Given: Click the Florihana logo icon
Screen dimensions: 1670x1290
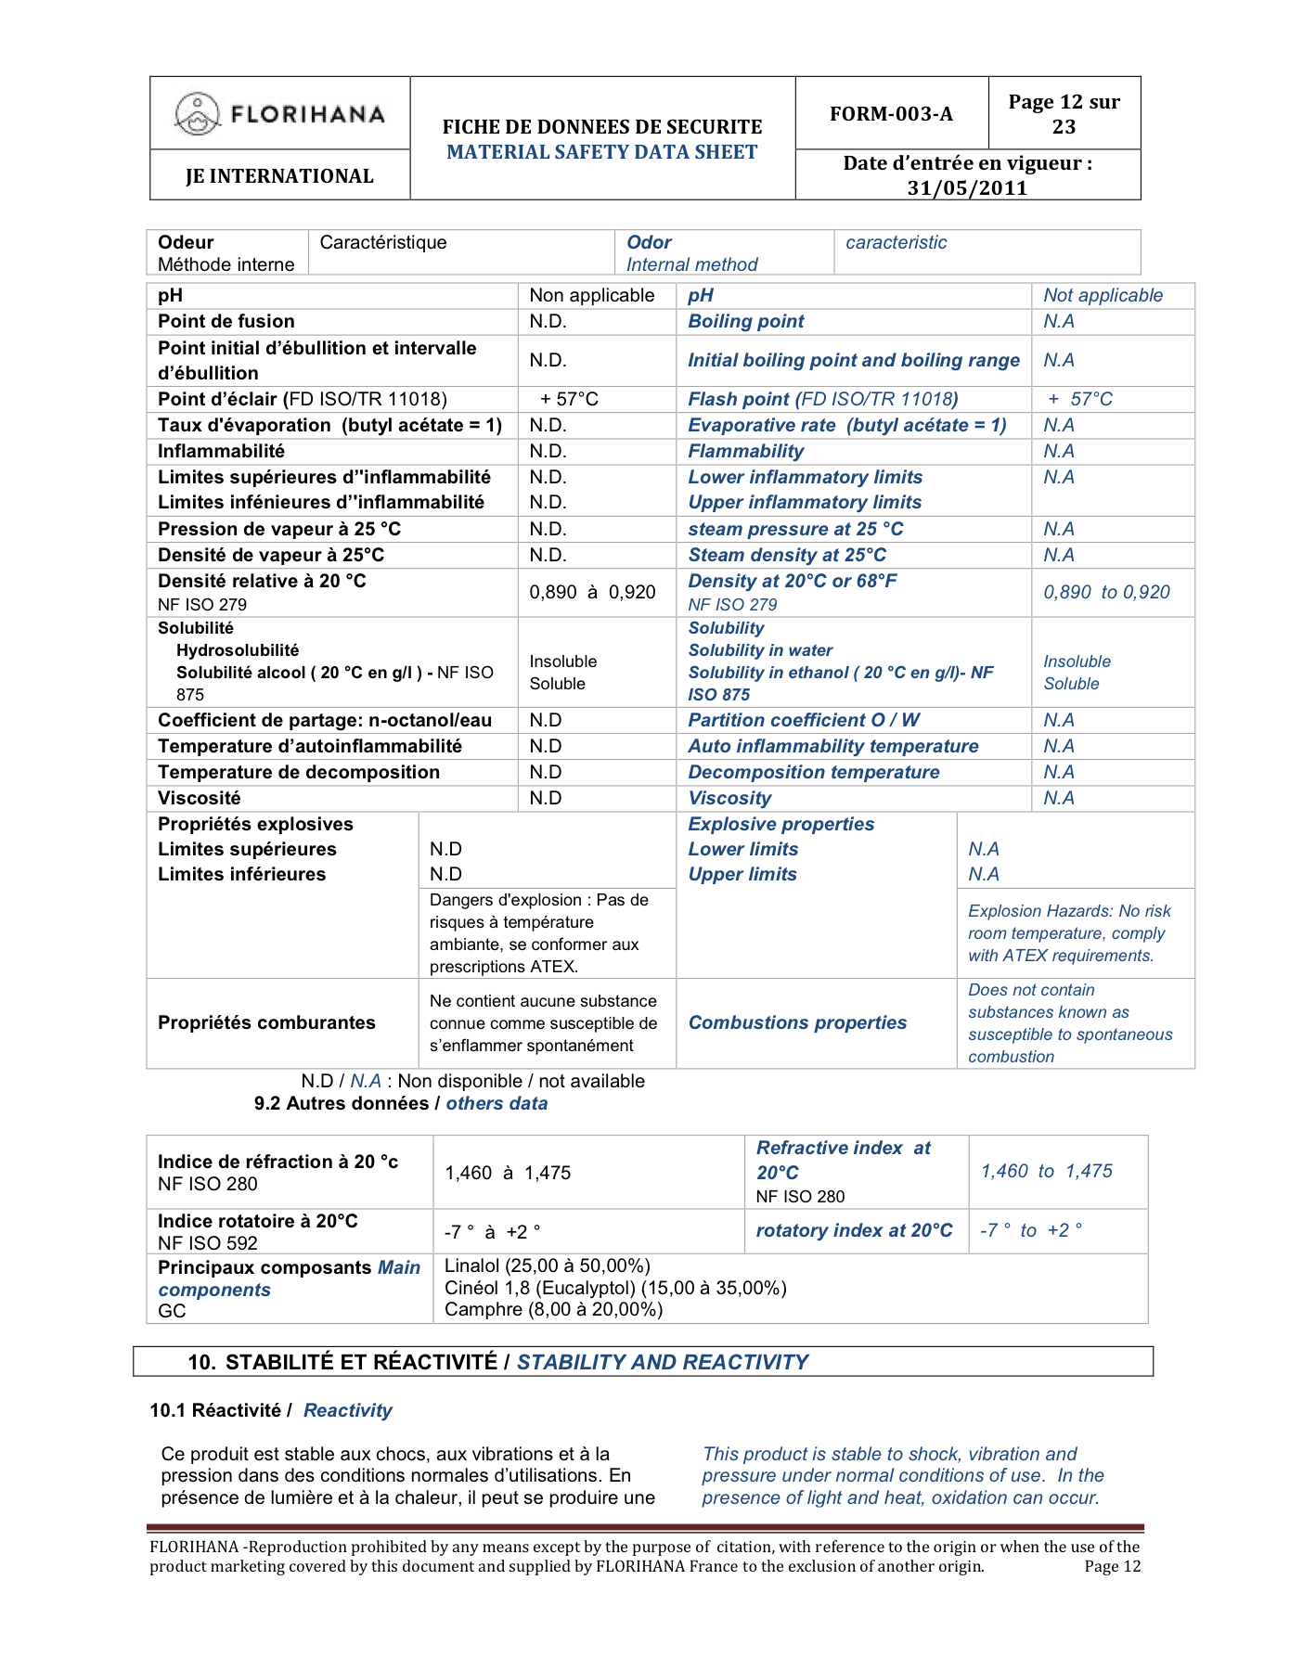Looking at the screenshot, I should pyautogui.click(x=197, y=114).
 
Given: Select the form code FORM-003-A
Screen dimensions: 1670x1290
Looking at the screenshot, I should pyautogui.click(x=891, y=113).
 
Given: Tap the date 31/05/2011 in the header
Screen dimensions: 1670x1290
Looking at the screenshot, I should pyautogui.click(x=967, y=187).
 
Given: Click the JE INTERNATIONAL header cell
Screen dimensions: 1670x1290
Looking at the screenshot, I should pyautogui.click(x=279, y=175).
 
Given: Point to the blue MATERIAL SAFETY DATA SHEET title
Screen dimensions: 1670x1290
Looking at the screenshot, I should pyautogui.click(x=602, y=152).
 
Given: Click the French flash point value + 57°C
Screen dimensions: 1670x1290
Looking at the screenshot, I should pyautogui.click(x=570, y=399).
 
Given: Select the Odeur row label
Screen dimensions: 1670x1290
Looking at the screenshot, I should pyautogui.click(x=186, y=242).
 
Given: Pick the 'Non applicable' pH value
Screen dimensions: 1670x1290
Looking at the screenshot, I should pyautogui.click(x=592, y=295).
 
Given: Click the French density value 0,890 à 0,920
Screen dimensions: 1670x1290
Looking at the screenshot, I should pyautogui.click(x=592, y=592).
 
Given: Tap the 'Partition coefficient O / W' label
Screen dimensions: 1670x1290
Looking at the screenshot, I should pyautogui.click(x=804, y=720).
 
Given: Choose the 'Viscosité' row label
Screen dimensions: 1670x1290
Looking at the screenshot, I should pyautogui.click(x=199, y=798).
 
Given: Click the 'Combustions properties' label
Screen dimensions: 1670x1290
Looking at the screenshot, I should pyautogui.click(x=797, y=1022).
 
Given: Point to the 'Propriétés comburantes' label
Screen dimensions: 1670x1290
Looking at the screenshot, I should pyautogui.click(x=266, y=1022).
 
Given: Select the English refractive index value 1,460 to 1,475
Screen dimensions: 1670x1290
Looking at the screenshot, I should pyautogui.click(x=1046, y=1171).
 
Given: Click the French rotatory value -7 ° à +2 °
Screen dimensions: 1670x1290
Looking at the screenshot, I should pyautogui.click(x=492, y=1232).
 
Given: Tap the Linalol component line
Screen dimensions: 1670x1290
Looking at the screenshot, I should pyautogui.click(x=548, y=1265).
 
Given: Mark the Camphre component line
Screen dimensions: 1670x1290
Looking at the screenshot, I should pyautogui.click(x=553, y=1309).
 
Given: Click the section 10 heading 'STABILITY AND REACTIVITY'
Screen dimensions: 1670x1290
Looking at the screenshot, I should pyautogui.click(x=663, y=1362).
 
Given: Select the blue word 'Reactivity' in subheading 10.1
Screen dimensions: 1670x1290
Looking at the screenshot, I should pyautogui.click(x=348, y=1410).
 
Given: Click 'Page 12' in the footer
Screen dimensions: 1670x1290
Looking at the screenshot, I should pyautogui.click(x=1112, y=1566).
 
